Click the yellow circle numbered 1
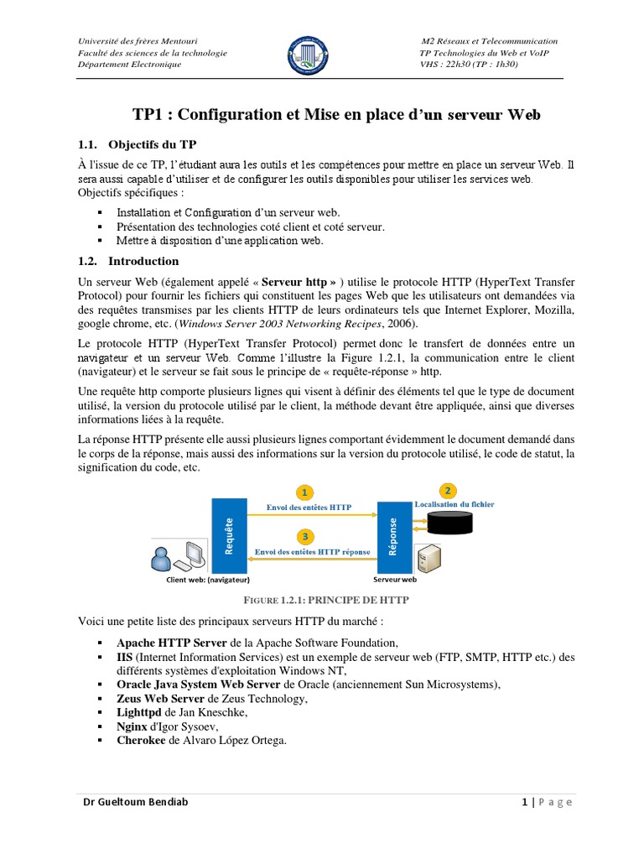[306, 492]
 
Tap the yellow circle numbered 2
[449, 489]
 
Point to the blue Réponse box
[394, 537]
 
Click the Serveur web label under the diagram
[394, 579]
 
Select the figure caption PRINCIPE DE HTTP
[326, 601]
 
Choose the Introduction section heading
[144, 261]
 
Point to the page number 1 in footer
[524, 803]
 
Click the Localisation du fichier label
[454, 505]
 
